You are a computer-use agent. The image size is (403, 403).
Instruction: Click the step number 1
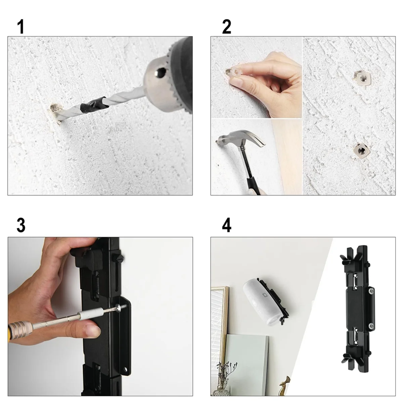pyautogui.click(x=21, y=27)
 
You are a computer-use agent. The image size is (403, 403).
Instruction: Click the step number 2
pyautogui.click(x=227, y=27)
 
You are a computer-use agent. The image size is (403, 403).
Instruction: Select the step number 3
pyautogui.click(x=21, y=225)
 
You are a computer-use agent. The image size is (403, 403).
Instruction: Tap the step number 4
pyautogui.click(x=227, y=225)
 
